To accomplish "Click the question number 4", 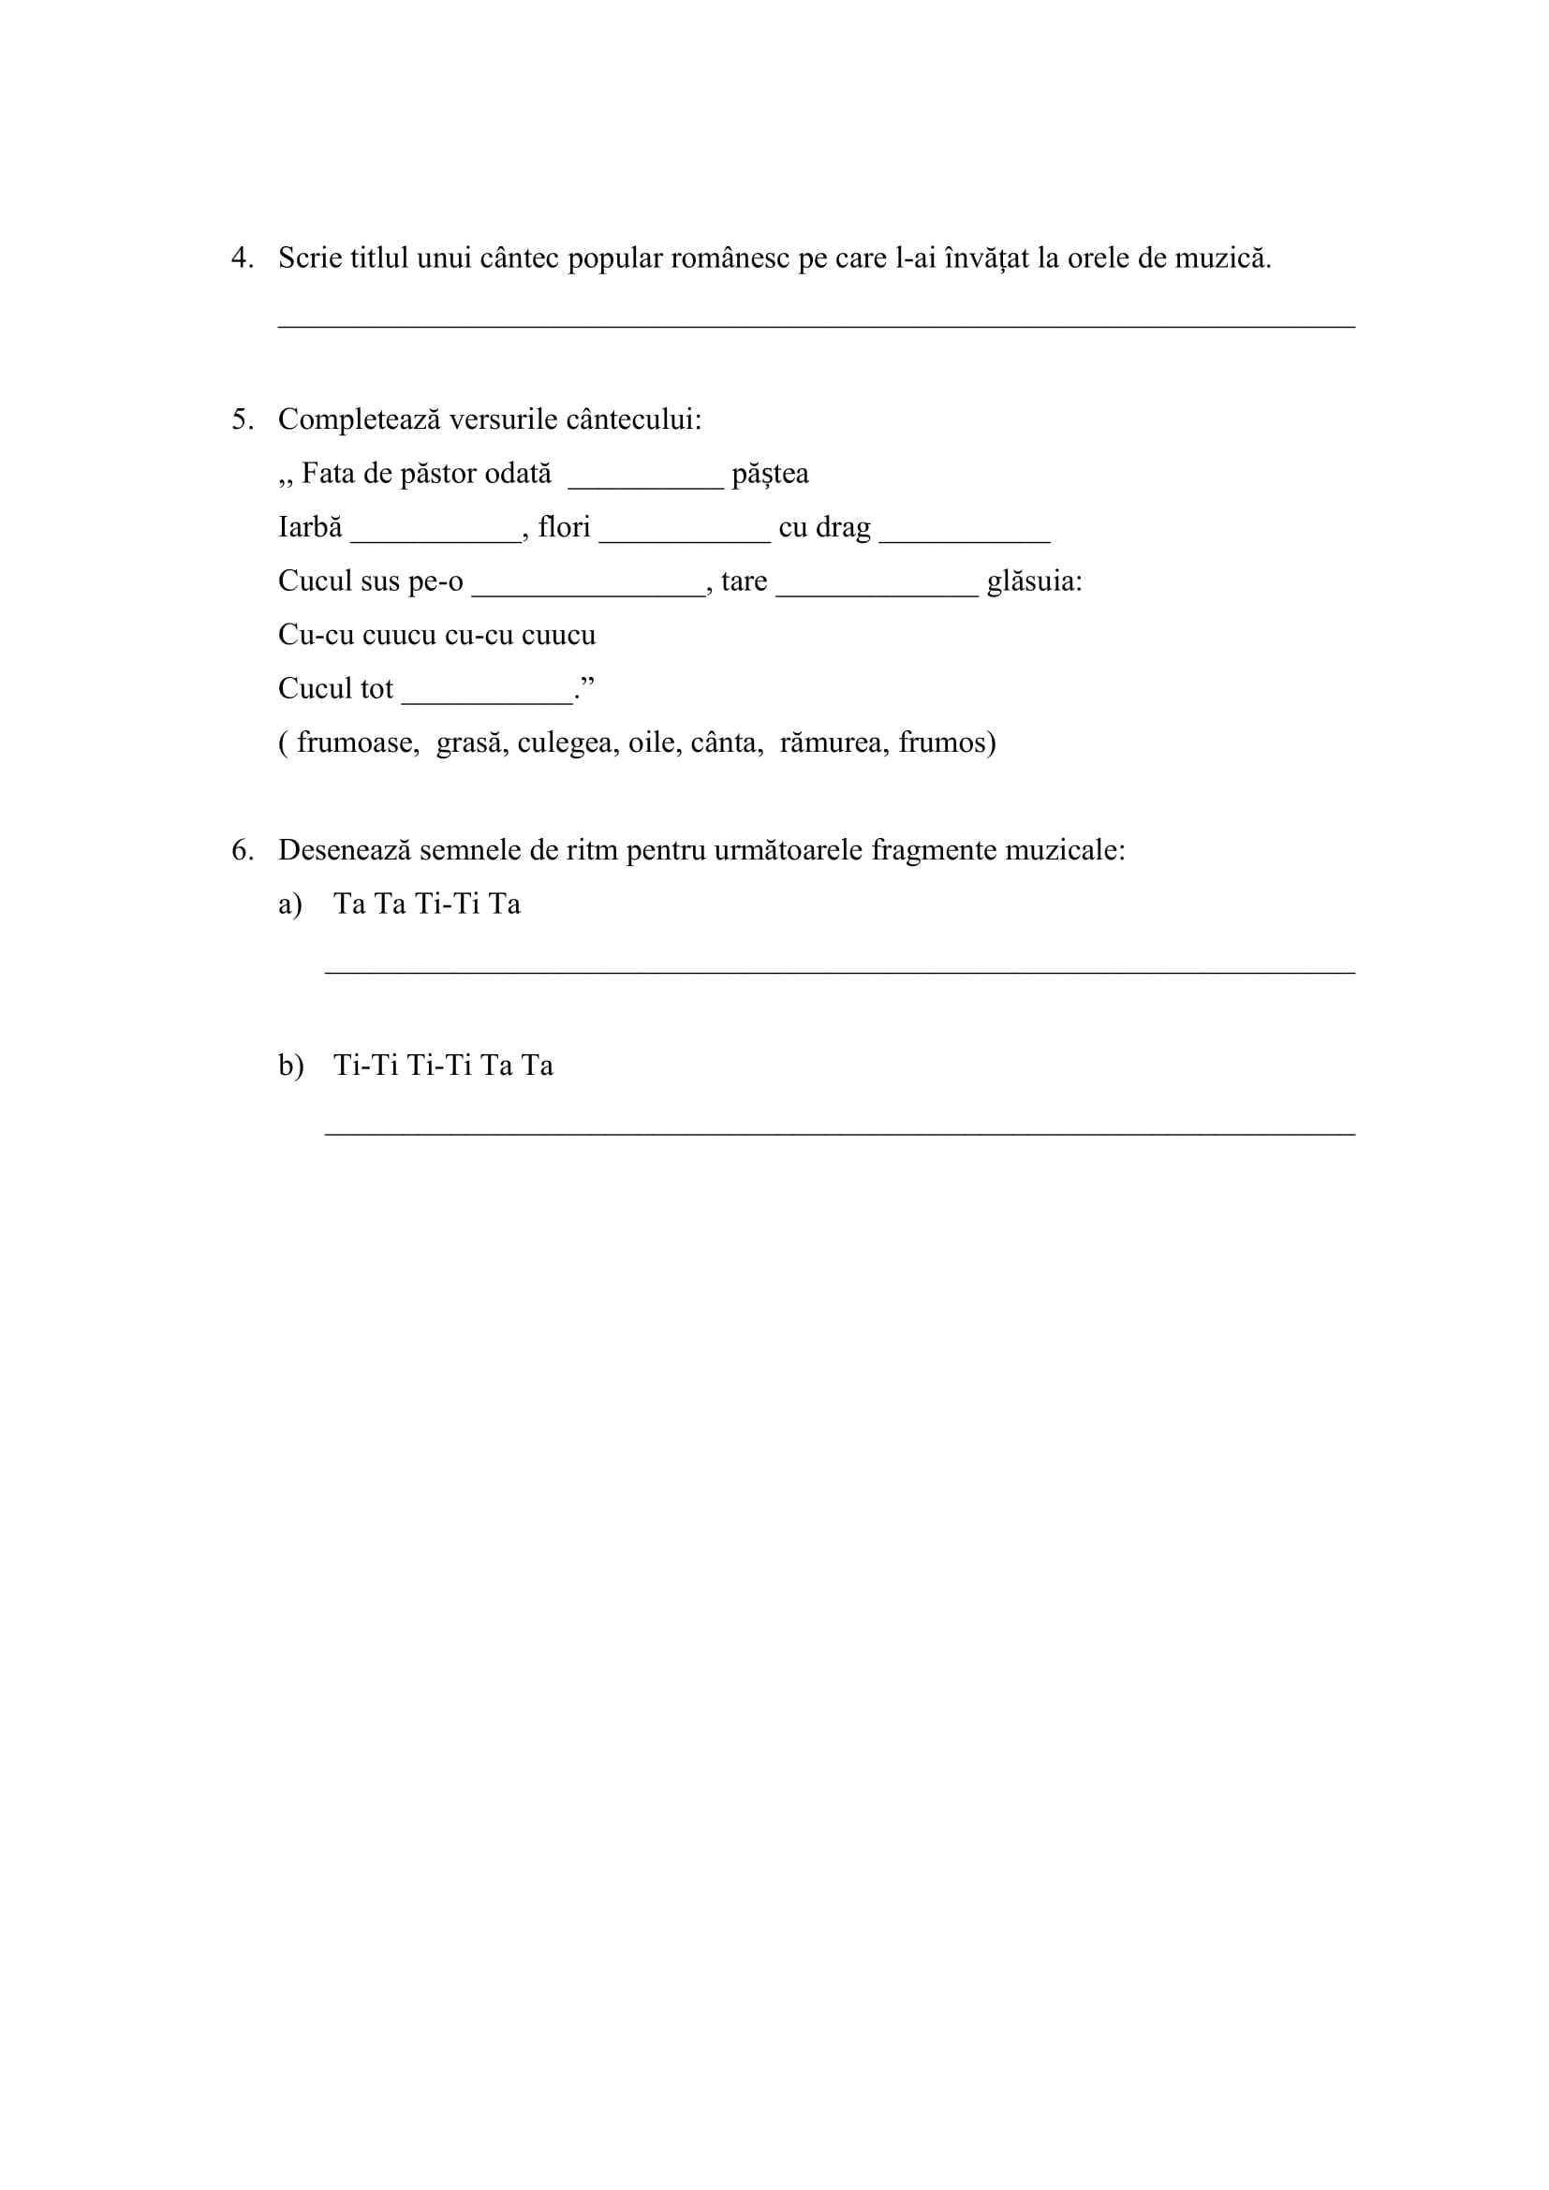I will [242, 258].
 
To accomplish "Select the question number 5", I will [242, 419].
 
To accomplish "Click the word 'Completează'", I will [359, 419].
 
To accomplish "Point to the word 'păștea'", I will [770, 474].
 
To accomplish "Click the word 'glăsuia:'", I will [1035, 581].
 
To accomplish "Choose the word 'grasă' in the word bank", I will [468, 742].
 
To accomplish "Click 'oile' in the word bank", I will [652, 742].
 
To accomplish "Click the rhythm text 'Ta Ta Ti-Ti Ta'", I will [427, 904].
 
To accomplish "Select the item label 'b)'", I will [291, 1066].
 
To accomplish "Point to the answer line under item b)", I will [839, 1133].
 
